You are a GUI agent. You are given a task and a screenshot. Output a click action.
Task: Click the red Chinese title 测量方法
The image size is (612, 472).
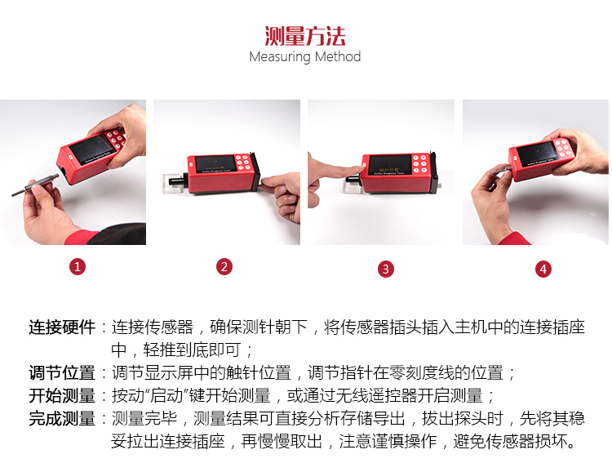point(305,36)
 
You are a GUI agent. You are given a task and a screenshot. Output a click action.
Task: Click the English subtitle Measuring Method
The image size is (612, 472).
point(305,57)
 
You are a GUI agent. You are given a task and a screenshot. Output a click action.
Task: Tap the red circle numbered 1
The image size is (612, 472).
point(78,267)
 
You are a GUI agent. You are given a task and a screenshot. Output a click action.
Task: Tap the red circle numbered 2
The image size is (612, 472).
point(224,267)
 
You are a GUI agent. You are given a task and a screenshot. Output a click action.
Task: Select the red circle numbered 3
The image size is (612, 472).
point(386,269)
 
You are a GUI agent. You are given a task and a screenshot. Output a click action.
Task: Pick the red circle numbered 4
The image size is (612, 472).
point(543,269)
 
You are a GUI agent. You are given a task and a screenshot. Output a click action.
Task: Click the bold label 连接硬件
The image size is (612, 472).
point(62,327)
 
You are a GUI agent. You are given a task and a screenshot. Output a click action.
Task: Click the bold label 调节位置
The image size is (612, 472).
point(62,372)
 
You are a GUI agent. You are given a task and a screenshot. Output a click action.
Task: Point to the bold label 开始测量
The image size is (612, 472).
point(62,395)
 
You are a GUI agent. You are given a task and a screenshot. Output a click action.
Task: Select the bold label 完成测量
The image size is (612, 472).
point(62,418)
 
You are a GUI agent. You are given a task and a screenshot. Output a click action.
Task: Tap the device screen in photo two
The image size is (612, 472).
point(214,164)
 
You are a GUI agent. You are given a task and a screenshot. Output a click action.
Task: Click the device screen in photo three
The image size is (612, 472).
point(390,164)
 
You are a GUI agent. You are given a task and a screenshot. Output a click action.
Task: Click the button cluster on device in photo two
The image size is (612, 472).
point(243,163)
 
